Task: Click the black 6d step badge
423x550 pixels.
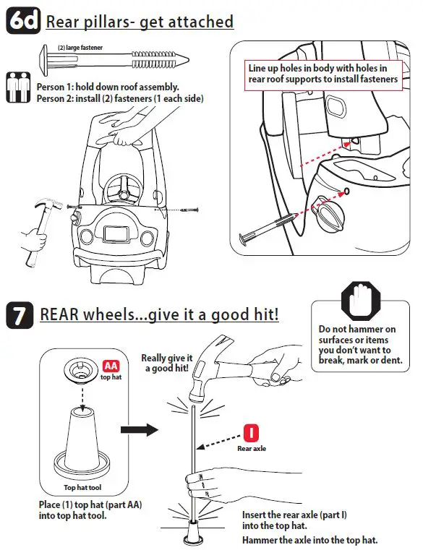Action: (23, 21)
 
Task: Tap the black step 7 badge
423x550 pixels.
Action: (20, 315)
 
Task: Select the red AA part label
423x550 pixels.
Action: (111, 366)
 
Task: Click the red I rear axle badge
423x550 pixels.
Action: (251, 433)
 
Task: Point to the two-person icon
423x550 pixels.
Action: (18, 87)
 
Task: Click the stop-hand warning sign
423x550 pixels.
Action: (361, 301)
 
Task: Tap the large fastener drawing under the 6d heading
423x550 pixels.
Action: (115, 60)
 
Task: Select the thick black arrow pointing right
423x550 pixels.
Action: (140, 430)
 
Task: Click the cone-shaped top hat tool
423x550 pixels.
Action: (82, 442)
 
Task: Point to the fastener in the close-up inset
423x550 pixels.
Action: (266, 228)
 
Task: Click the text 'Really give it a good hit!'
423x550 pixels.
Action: (167, 363)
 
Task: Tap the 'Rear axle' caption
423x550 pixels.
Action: (252, 448)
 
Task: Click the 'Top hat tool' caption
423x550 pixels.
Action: (82, 488)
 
